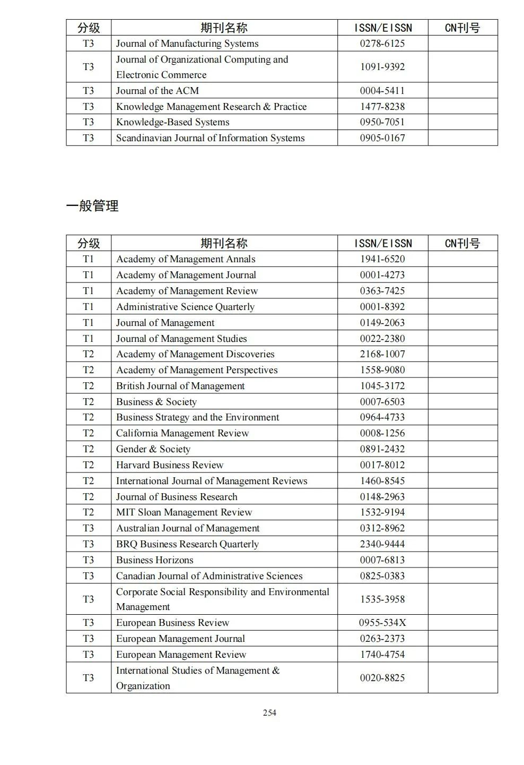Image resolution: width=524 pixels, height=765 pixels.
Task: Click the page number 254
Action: pos(269,712)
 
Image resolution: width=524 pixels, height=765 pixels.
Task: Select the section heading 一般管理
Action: pos(92,206)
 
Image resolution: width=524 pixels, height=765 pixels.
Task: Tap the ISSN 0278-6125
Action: pos(382,44)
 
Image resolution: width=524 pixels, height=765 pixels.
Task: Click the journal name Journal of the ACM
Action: pos(158,91)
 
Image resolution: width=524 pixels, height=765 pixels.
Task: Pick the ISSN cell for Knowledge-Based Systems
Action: pos(382,122)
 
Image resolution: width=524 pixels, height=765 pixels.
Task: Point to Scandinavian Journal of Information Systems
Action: pos(210,138)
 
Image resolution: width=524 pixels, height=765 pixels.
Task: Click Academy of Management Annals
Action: pos(186,259)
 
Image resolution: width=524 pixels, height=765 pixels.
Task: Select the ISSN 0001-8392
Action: pos(382,307)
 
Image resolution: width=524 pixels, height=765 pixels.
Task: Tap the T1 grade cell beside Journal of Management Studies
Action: pos(88,339)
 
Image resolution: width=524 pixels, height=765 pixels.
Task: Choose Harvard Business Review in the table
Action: pos(170,465)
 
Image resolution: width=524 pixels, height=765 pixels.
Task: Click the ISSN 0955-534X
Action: pos(382,623)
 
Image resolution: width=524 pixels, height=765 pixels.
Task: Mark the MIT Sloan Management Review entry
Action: pos(184,512)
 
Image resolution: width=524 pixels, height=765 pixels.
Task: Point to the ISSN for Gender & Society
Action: pos(382,449)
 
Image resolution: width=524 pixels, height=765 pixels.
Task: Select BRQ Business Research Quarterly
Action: pos(187,544)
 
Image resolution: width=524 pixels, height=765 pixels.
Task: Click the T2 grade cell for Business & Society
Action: pos(88,402)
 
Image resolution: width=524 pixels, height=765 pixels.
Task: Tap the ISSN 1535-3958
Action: pos(382,599)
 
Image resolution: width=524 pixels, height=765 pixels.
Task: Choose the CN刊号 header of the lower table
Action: pos(462,243)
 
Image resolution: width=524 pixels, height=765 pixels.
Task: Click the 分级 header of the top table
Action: pos(88,28)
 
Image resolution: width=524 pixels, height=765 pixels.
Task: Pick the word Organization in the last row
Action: pos(143,686)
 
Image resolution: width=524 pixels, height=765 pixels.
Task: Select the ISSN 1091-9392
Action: pos(382,67)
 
